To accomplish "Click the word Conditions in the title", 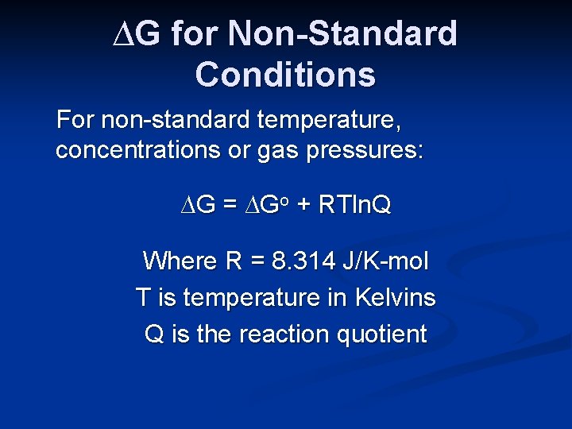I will pos(285,74).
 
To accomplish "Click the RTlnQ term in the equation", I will pos(354,206).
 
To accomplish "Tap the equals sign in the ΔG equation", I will pos(230,207).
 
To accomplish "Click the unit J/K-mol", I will pos(390,261).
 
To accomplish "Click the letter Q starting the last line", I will pos(154,334).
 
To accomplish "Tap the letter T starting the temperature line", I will pos(143,298).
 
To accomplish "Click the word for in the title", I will pos(194,34).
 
